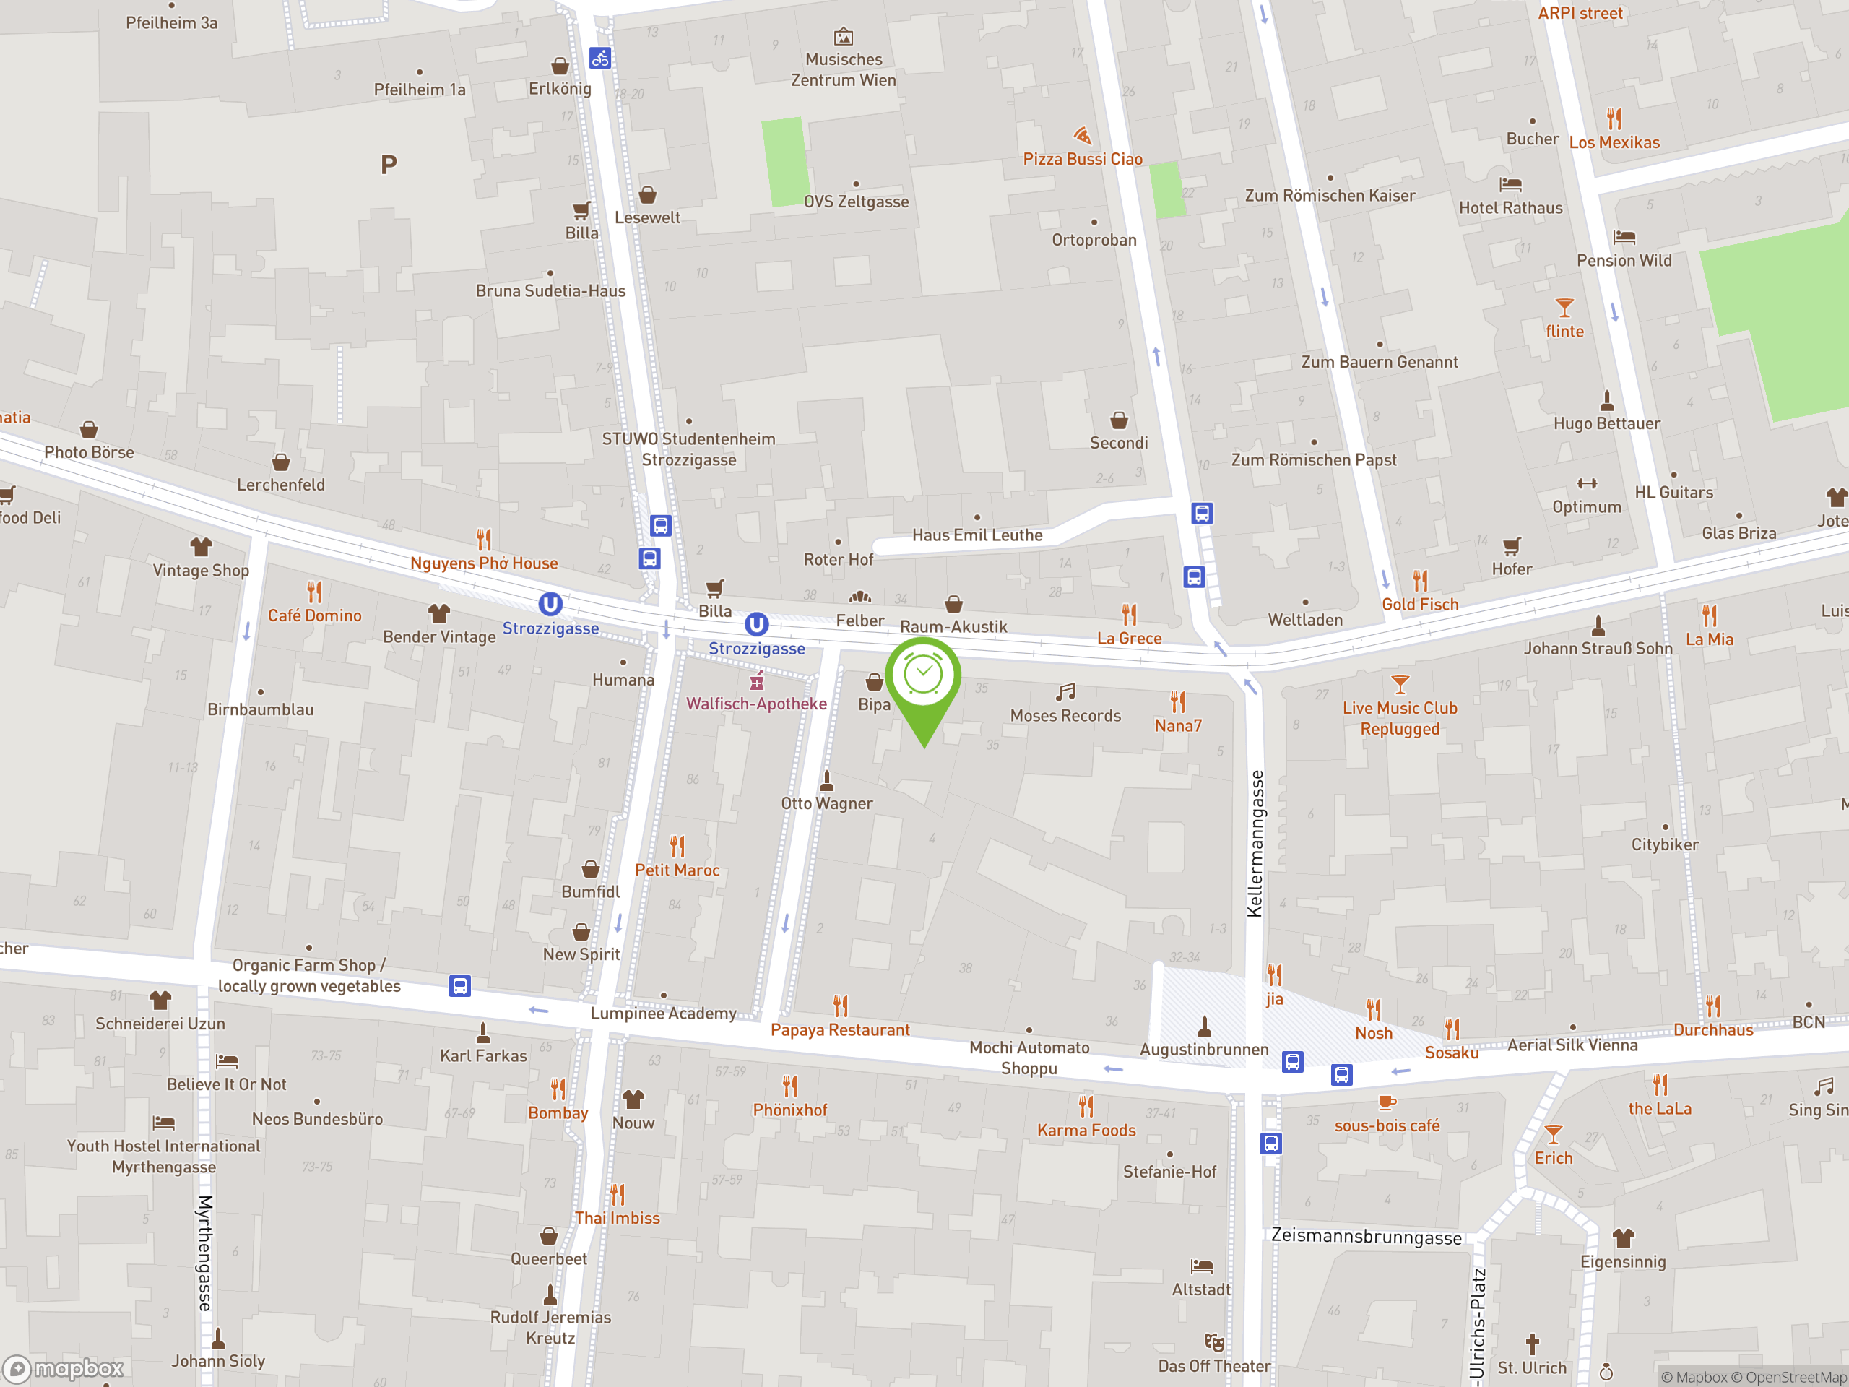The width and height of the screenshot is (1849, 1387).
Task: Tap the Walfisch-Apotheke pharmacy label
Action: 756,704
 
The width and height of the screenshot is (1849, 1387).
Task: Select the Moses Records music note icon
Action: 1065,692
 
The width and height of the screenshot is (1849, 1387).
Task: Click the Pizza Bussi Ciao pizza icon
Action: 1083,135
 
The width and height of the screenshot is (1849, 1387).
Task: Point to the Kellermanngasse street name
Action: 1255,844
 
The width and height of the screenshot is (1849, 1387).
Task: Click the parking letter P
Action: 389,165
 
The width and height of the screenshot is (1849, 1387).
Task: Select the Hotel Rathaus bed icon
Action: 1510,185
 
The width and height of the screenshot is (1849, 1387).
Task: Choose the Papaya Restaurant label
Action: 840,1030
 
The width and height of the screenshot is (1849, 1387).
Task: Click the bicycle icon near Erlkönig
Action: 600,59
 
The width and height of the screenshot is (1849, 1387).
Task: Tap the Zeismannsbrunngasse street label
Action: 1366,1237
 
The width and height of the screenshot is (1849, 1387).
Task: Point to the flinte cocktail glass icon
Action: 1564,308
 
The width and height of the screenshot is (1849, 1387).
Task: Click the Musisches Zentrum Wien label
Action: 844,69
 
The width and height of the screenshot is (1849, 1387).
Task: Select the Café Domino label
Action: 314,615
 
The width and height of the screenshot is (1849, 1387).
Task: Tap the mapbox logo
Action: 64,1369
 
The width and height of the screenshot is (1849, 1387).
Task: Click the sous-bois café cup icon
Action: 1387,1102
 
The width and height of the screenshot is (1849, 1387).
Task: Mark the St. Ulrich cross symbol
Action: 1532,1344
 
